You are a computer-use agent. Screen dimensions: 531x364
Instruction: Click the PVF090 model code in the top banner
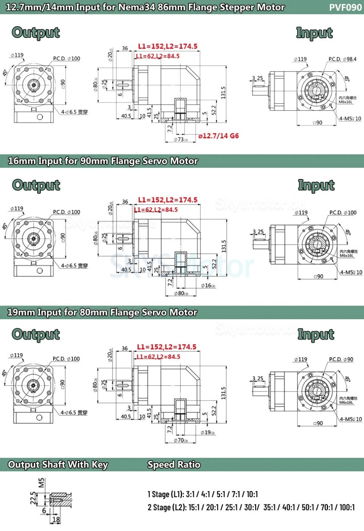(345, 7)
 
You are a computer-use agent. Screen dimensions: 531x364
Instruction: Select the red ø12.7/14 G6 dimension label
(218, 136)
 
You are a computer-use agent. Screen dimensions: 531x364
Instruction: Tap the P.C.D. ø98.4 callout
(342, 59)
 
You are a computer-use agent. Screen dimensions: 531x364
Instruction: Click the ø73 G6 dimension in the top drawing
(181, 140)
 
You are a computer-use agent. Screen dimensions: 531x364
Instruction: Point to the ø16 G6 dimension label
(208, 285)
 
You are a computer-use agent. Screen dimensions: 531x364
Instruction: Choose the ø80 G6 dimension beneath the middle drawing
(181, 293)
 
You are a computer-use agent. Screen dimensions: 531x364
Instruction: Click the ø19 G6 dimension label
(208, 432)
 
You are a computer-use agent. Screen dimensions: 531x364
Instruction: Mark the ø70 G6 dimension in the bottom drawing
(181, 440)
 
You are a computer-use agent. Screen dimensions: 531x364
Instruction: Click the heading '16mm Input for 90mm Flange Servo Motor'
(103, 161)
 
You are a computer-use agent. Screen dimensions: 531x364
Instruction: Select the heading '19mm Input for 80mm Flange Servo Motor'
(102, 313)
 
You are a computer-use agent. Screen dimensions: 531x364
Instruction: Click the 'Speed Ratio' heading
(174, 464)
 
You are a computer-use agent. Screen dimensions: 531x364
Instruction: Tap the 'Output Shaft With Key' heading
(58, 464)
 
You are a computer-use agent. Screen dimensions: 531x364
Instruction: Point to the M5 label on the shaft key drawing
(42, 482)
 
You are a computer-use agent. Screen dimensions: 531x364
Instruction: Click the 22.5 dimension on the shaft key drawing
(33, 498)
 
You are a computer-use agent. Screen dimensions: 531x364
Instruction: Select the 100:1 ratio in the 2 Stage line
(347, 507)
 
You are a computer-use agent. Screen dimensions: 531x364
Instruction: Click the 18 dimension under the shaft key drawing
(56, 520)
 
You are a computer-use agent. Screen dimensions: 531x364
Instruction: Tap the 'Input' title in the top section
(314, 33)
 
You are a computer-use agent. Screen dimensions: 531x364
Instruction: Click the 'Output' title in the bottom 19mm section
(36, 334)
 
